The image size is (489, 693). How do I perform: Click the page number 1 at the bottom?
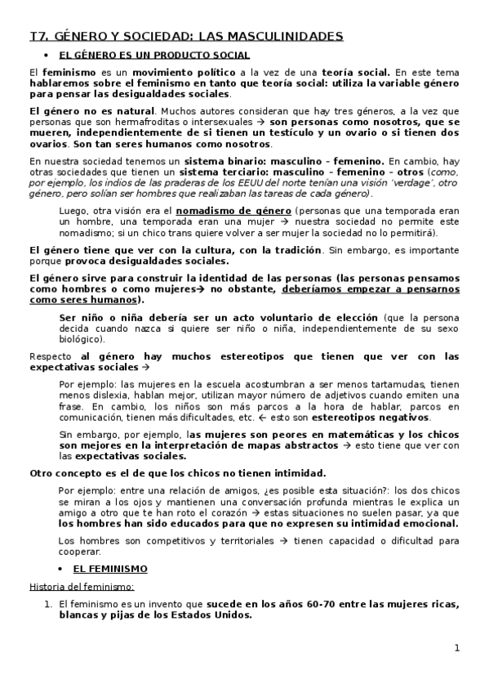[458, 648]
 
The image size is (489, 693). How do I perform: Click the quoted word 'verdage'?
[375, 184]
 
